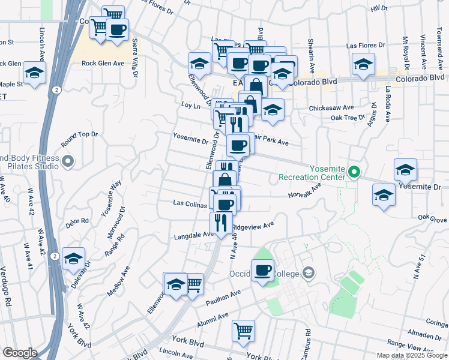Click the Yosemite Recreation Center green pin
[x=354, y=173]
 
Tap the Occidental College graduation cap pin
[x=309, y=273]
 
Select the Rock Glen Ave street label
[x=103, y=63]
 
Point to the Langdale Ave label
[x=190, y=236]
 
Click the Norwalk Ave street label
[x=305, y=191]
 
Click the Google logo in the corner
[x=20, y=353]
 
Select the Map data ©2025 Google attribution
[x=411, y=355]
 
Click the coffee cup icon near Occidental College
[x=263, y=270]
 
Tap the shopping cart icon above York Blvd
[x=243, y=330]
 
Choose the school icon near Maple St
[x=35, y=73]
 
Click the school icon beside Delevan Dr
[x=74, y=258]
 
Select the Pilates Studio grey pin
[x=67, y=161]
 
